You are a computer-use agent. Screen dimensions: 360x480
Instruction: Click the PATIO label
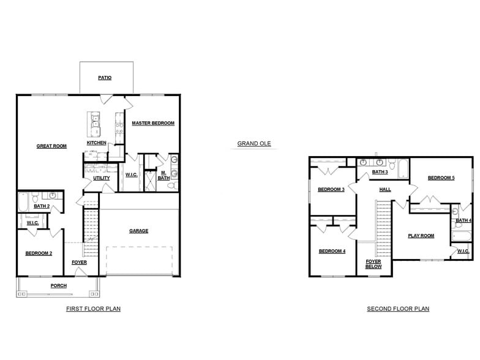coord(105,78)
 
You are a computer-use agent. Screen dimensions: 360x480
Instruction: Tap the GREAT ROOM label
coord(51,146)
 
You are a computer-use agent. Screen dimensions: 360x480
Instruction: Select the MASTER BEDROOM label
coord(153,123)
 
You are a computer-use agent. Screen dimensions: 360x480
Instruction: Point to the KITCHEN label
coord(96,143)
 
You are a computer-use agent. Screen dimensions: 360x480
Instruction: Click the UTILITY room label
coord(102,178)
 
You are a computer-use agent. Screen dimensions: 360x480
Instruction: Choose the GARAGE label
coord(139,231)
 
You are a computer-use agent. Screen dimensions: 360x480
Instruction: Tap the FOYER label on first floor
coord(79,262)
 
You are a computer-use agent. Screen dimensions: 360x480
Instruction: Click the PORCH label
coord(59,286)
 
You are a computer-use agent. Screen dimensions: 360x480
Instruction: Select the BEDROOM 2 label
coord(39,253)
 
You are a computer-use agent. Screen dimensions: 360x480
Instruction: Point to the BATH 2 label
coord(42,206)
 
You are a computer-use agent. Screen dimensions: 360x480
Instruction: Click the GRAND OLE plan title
coord(254,144)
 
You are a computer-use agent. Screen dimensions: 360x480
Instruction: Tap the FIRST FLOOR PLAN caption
coord(93,309)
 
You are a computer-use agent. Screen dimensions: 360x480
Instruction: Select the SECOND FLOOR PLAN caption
coord(398,309)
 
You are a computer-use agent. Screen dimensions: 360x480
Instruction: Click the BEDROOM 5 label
coord(441,178)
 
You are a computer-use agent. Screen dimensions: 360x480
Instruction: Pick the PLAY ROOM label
coord(421,236)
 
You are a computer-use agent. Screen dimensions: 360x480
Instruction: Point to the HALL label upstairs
coord(385,189)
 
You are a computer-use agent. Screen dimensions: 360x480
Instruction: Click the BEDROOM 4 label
coord(332,251)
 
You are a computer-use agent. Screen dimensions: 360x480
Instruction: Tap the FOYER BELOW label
coord(373,264)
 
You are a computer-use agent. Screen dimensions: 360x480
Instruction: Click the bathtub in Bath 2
coord(23,201)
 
